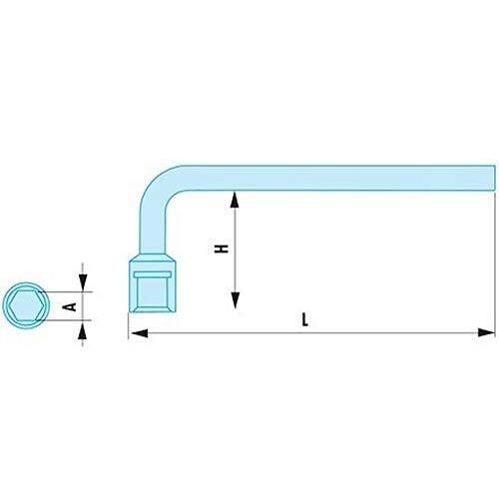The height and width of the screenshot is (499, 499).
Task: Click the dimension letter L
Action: click(x=304, y=319)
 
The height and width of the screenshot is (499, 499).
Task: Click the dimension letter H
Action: click(x=222, y=249)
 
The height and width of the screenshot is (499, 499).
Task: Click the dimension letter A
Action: click(x=69, y=306)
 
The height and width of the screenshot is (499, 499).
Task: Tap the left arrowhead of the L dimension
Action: click(x=139, y=332)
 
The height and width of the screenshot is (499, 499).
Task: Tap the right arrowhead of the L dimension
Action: click(x=486, y=332)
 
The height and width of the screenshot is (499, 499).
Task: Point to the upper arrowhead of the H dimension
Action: click(x=235, y=200)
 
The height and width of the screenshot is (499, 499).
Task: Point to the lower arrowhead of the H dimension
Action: click(x=236, y=300)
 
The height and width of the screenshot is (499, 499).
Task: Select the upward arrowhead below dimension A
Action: click(x=82, y=330)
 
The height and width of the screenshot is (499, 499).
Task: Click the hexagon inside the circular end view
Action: click(x=26, y=305)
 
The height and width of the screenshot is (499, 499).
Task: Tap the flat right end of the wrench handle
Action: click(x=494, y=178)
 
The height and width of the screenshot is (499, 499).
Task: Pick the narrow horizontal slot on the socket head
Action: click(x=153, y=274)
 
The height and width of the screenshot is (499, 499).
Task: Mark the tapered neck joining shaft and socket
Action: click(x=153, y=257)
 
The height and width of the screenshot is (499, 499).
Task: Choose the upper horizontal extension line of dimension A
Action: click(x=65, y=292)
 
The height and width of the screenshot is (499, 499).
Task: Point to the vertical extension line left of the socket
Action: click(x=129, y=326)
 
